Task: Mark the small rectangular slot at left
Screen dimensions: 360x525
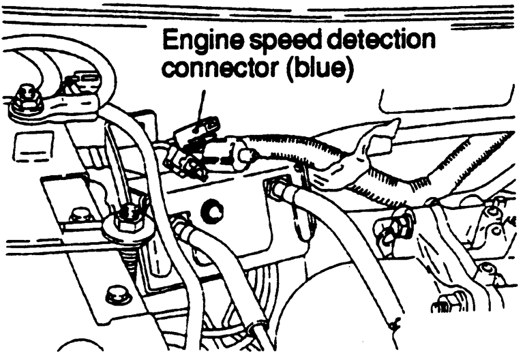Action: point(27,146)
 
